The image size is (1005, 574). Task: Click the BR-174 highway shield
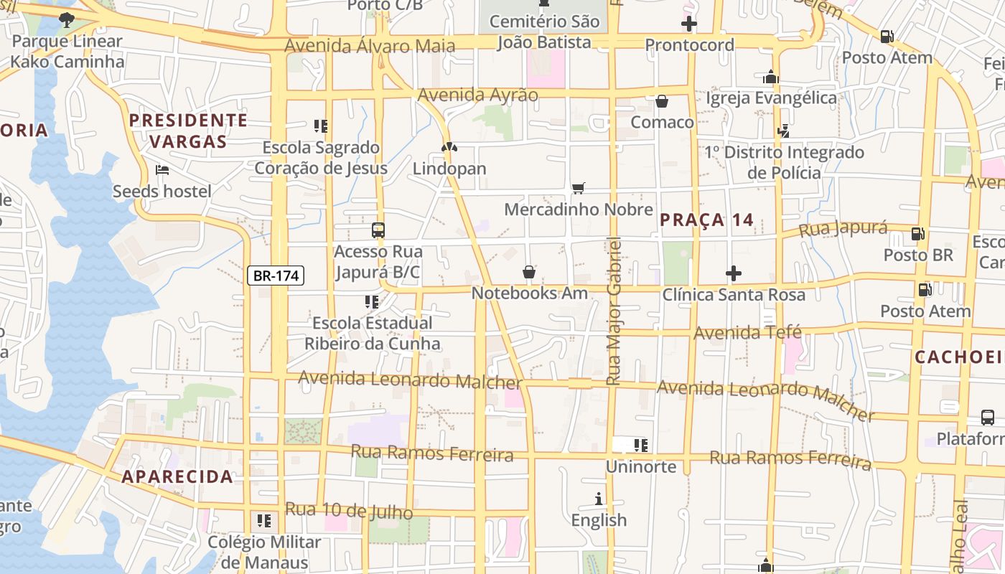(x=276, y=275)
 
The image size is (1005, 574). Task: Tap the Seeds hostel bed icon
(x=162, y=170)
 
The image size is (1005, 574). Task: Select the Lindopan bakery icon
(x=449, y=147)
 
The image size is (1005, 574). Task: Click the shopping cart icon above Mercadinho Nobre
(x=578, y=188)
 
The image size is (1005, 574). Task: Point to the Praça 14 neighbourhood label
(x=706, y=220)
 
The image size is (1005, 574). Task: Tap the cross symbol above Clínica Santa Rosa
(x=733, y=273)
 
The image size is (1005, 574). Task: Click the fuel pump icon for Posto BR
(x=917, y=233)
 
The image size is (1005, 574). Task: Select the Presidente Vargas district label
(x=188, y=131)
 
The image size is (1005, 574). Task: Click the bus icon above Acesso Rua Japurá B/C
(x=378, y=230)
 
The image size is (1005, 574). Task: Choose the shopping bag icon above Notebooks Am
(x=529, y=272)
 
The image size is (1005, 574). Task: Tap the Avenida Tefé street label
(x=747, y=333)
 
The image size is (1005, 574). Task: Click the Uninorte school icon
(x=641, y=446)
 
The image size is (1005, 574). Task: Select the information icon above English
(x=599, y=499)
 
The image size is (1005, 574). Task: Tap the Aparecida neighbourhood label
(x=177, y=476)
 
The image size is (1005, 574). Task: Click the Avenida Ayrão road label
(x=477, y=95)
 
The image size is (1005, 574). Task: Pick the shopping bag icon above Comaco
(x=662, y=101)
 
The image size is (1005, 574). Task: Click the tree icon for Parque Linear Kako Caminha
(x=67, y=19)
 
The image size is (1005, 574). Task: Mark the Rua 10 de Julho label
(x=349, y=511)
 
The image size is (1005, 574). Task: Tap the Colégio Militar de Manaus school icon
(x=264, y=520)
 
